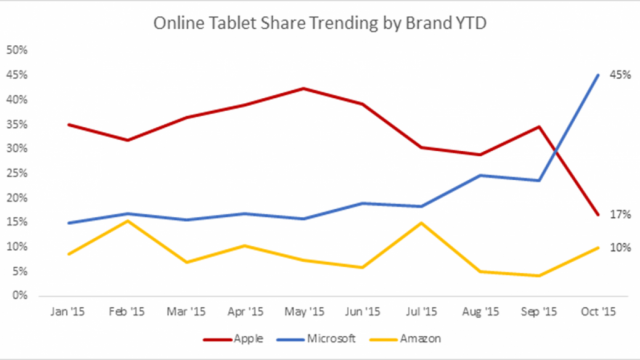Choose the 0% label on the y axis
click(x=20, y=296)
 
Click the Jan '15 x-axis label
click(x=67, y=312)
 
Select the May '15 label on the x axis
click(x=303, y=312)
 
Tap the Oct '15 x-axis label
click(x=598, y=312)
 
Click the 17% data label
click(x=620, y=214)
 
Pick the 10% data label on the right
click(x=620, y=247)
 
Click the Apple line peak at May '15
click(x=303, y=88)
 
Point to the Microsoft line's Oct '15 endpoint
click(x=598, y=74)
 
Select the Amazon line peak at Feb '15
click(x=126, y=220)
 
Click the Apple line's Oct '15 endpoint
click(x=598, y=214)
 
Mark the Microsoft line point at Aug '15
click(x=480, y=175)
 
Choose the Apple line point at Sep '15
click(x=539, y=127)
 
